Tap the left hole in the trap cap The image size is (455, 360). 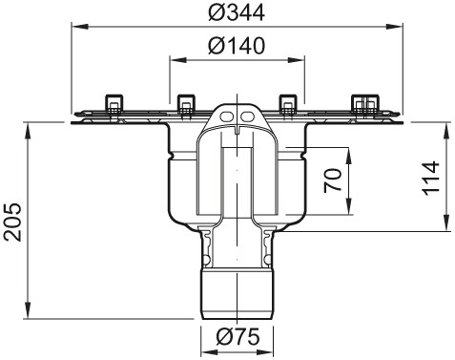point(230,116)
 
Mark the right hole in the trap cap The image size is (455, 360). point(247,116)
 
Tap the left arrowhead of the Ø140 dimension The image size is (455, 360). point(174,59)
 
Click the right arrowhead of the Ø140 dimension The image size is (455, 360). point(302,59)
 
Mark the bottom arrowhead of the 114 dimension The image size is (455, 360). point(445,227)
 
